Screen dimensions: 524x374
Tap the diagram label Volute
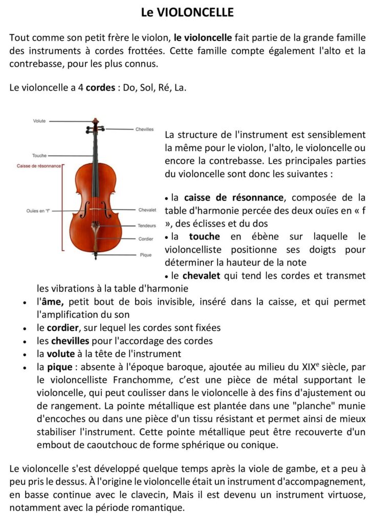(x=39, y=121)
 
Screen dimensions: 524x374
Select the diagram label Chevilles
(x=144, y=129)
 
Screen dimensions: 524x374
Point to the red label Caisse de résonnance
(x=39, y=166)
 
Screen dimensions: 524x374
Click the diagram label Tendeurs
(x=146, y=226)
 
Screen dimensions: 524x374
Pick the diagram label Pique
(x=146, y=254)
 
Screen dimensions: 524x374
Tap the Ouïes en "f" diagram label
(x=38, y=210)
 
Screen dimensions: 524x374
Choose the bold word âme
(x=47, y=302)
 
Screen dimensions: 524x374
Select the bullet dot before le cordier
(x=25, y=329)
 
